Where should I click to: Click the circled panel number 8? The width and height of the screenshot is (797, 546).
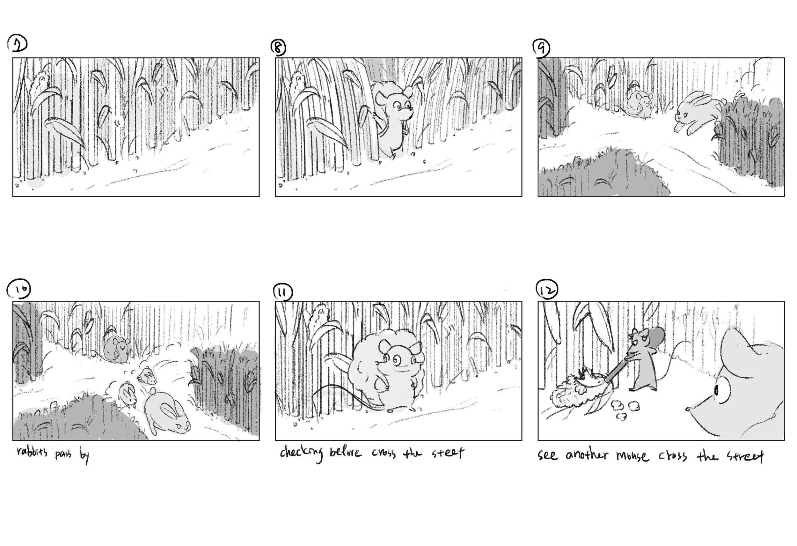pos(278,48)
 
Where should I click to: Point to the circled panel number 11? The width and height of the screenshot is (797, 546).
pos(282,293)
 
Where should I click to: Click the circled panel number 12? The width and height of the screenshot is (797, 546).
pos(547,290)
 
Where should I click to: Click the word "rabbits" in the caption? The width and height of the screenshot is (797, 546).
pos(32,453)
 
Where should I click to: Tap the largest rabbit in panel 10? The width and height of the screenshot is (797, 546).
pos(167,414)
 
